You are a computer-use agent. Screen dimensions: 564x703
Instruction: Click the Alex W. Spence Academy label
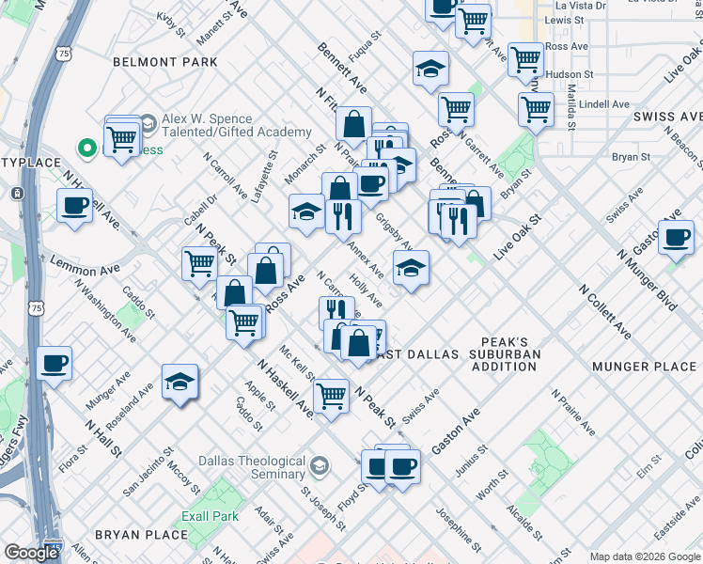tap(235, 126)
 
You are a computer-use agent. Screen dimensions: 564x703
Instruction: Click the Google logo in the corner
tap(31, 553)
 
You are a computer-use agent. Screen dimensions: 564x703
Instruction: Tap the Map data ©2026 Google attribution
tap(645, 556)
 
